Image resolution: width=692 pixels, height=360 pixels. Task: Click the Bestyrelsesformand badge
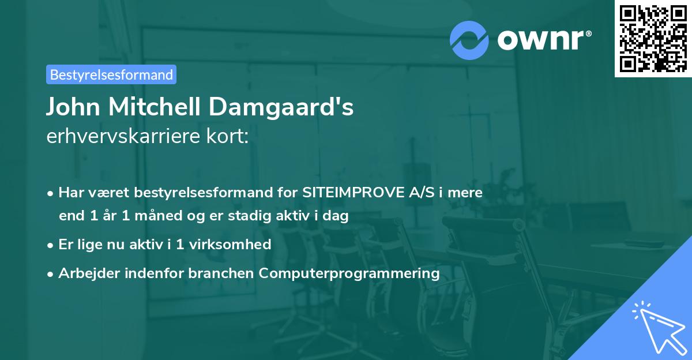coord(111,74)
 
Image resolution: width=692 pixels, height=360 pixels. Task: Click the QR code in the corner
coord(653,39)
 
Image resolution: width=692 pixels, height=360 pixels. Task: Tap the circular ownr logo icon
coord(469,40)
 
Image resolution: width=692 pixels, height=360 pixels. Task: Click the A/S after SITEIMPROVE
coord(416,193)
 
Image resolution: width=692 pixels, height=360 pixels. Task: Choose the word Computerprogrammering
coord(349,273)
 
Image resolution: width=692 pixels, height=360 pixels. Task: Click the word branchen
coord(221,273)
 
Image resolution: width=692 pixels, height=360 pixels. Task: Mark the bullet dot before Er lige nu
coord(51,245)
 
